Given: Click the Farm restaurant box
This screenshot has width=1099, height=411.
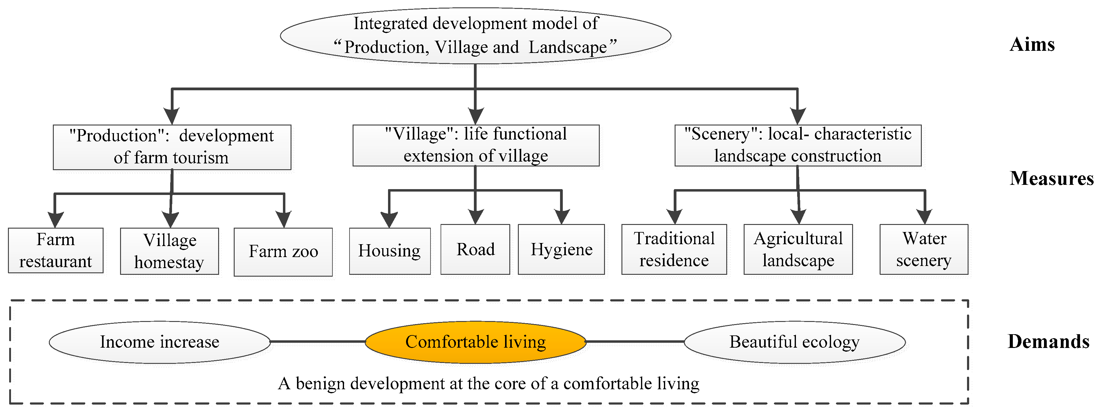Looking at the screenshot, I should (x=56, y=250).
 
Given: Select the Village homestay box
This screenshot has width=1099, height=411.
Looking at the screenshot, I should (x=169, y=251).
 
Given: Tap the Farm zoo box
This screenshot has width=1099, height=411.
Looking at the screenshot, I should (x=283, y=252).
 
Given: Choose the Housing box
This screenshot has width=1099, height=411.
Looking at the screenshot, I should (x=390, y=251).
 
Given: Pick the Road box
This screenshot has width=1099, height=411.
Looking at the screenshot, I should (x=475, y=249).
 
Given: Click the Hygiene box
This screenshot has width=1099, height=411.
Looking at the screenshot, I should (x=562, y=249).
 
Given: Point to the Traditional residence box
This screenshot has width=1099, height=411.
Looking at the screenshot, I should (x=674, y=249).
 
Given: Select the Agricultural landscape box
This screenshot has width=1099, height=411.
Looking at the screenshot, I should (x=798, y=249).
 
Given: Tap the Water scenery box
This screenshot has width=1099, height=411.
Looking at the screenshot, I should (x=924, y=249).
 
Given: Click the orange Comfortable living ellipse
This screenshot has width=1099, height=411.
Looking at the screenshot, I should (x=475, y=342).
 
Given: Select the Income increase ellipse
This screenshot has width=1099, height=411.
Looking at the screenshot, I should (x=159, y=342).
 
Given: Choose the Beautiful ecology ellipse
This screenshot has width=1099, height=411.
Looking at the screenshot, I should (x=794, y=342).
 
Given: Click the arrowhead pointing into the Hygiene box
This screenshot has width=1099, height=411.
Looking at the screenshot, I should (x=562, y=217).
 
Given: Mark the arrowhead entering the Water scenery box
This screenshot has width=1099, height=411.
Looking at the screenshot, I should (x=925, y=217).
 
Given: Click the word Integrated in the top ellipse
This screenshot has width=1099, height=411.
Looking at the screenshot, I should (x=390, y=24).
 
